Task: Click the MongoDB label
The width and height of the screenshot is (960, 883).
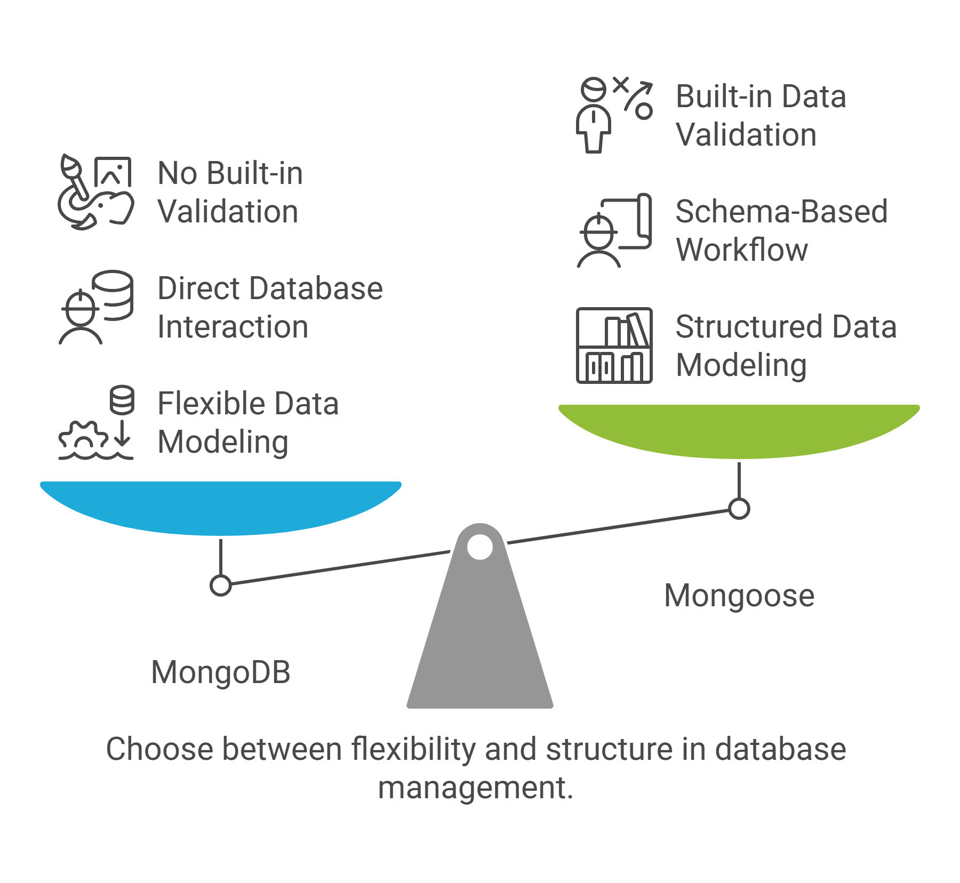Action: click(x=221, y=672)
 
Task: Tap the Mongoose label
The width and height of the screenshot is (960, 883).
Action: click(x=739, y=596)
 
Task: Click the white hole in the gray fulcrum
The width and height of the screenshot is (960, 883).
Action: click(x=480, y=547)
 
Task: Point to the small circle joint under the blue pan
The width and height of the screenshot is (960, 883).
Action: click(x=221, y=585)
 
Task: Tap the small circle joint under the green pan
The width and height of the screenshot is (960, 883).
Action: click(x=739, y=509)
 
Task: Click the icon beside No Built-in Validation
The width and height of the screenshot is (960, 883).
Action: click(x=95, y=192)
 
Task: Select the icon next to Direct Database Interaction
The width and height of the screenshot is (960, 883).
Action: click(x=95, y=307)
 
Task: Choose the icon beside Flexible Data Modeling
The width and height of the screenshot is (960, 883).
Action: click(x=95, y=422)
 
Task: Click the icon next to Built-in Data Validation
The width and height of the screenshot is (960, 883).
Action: click(x=614, y=115)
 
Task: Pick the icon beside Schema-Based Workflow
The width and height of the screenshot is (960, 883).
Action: click(x=614, y=230)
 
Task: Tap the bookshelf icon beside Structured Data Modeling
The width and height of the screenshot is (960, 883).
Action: click(x=614, y=346)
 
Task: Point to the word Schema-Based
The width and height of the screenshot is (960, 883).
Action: click(x=781, y=211)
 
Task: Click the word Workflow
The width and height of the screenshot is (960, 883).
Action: click(x=742, y=250)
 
